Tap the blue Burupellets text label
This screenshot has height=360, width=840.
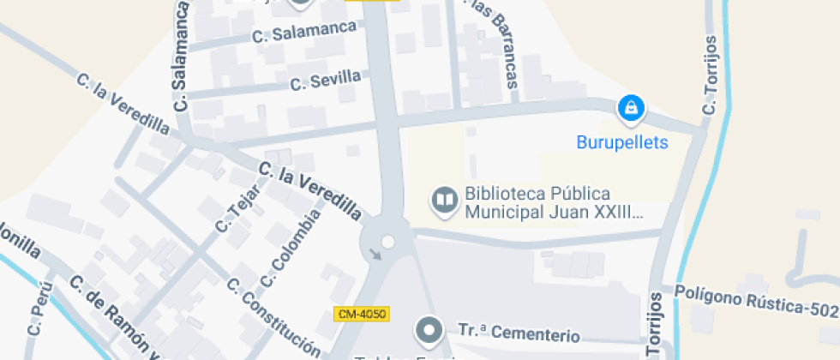[622, 143]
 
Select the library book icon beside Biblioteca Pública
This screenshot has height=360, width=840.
[444, 200]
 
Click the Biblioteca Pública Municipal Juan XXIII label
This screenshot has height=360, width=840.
[553, 202]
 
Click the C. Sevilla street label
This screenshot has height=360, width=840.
[325, 81]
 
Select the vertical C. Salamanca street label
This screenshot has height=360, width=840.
[181, 57]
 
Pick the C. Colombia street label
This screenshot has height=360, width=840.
[291, 249]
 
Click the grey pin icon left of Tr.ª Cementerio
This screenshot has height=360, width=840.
[428, 329]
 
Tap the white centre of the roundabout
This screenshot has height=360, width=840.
[387, 243]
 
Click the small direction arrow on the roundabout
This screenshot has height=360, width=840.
[375, 255]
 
